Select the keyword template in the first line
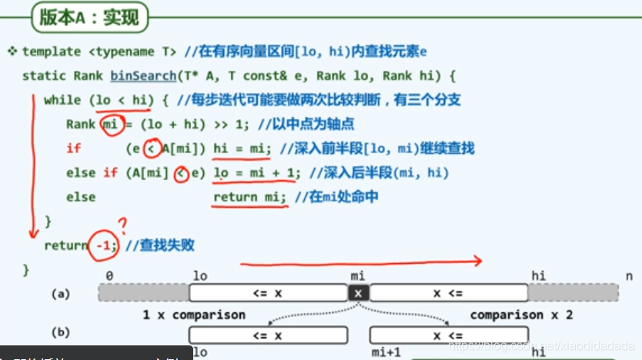coord(51,52)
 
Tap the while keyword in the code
coord(62,99)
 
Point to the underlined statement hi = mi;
coord(242,148)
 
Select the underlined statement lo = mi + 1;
coord(255,172)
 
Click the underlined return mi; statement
coord(250,197)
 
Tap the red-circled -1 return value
coord(105,245)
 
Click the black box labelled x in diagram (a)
coord(357,293)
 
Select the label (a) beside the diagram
coord(61,294)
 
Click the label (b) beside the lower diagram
coord(61,332)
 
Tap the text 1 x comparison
coord(194,315)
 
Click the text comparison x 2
coord(522,315)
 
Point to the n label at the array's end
coord(629,275)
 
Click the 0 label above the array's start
coord(110,275)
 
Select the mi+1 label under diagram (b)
coord(386,352)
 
